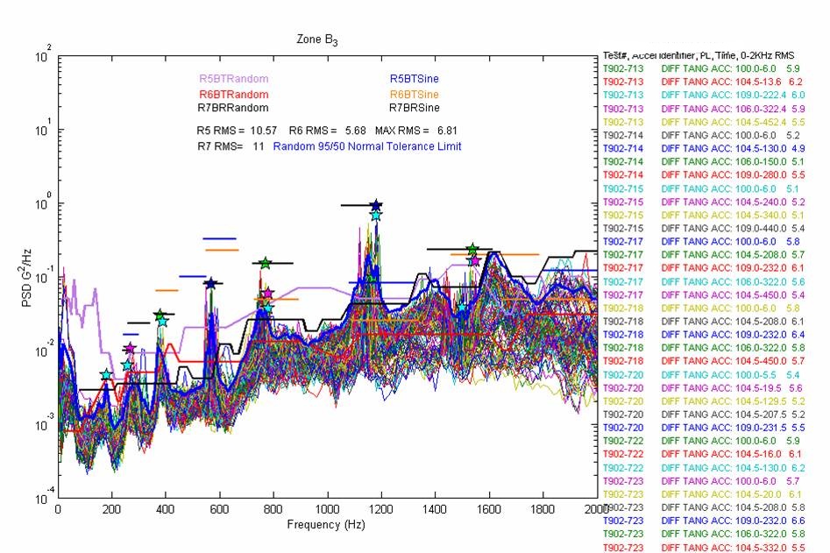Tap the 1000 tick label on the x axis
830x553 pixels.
coord(327,509)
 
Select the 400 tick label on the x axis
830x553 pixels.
coord(166,509)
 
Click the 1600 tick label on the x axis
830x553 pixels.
coord(489,509)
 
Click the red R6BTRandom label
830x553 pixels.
coord(233,94)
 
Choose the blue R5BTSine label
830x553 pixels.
coord(415,79)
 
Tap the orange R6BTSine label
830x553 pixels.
coord(415,94)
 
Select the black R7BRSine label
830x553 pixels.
coord(415,109)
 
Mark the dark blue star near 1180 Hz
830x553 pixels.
coord(376,205)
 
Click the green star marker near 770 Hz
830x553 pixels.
coord(266,263)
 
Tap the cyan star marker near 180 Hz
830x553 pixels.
coord(106,375)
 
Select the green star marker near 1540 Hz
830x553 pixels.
coord(472,250)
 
